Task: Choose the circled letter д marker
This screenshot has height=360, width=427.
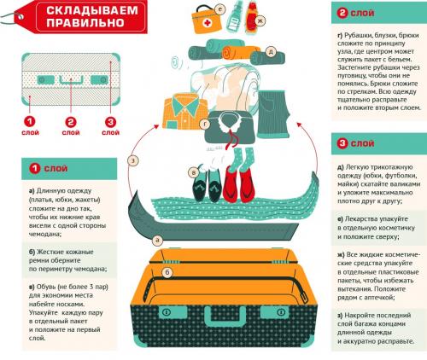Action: tap(270, 51)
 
